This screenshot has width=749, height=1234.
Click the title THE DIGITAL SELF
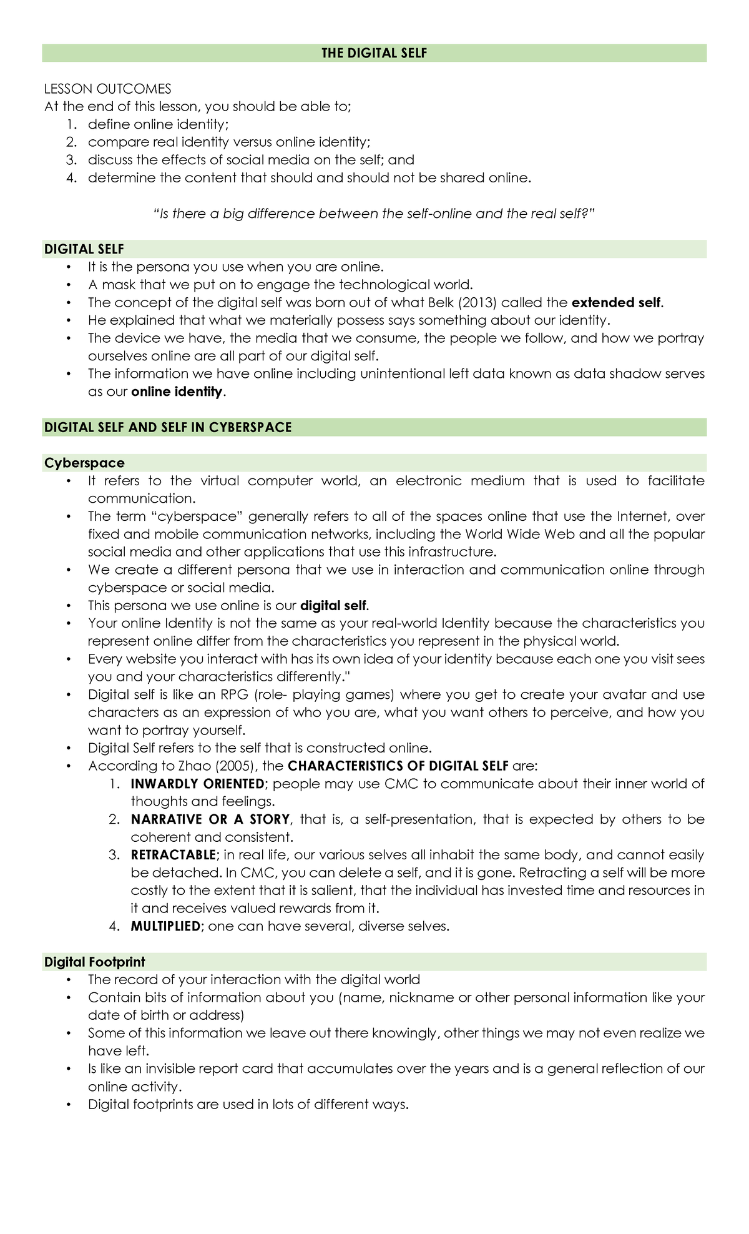[374, 53]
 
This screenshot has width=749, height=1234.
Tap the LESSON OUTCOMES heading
[107, 89]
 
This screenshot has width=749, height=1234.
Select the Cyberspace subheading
[84, 463]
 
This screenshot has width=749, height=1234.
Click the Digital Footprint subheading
[94, 962]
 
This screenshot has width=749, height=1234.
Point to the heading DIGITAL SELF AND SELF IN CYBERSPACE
[168, 427]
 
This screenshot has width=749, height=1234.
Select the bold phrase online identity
[177, 392]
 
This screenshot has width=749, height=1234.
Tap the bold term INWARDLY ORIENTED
[197, 784]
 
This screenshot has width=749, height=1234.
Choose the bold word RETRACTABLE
[173, 855]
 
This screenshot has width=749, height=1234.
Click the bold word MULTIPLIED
[165, 926]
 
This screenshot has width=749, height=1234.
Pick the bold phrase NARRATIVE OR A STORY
[210, 819]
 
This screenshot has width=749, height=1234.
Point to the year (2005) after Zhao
[235, 766]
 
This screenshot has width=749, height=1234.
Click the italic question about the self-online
[374, 214]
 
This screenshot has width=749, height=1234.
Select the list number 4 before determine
[71, 178]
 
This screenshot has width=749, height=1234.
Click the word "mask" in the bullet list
[119, 285]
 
